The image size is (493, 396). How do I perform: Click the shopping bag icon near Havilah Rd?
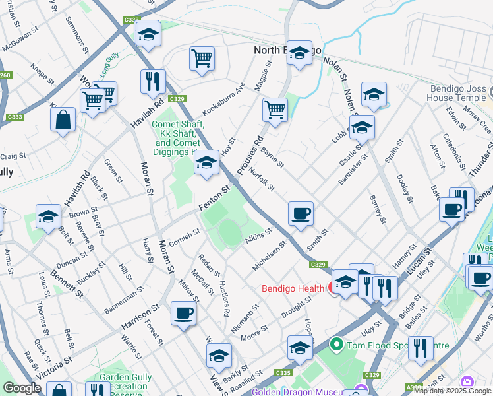63,120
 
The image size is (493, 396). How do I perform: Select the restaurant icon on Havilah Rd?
153,82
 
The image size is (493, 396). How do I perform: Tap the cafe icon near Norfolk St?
301,214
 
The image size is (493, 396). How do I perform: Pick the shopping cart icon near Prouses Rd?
275,109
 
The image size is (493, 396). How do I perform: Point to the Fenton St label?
214,199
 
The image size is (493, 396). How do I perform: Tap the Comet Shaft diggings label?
177,137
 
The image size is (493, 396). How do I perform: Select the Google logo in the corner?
22,388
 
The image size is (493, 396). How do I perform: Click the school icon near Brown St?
48,218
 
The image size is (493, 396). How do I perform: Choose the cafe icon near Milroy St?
183,313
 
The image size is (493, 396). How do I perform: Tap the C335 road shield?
283,374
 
